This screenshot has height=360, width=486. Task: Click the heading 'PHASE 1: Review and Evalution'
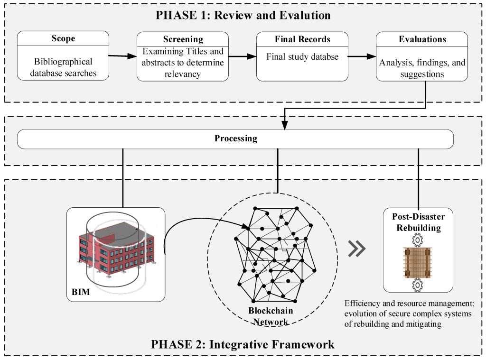tap(243, 15)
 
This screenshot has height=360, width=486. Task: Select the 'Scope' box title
tap(63, 39)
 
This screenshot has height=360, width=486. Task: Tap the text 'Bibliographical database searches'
tap(63, 67)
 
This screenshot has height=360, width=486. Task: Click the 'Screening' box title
tap(183, 39)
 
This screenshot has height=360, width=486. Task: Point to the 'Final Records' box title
tap(302, 39)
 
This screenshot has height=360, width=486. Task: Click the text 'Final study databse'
tap(302, 57)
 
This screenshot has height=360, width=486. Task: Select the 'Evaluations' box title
tap(422, 39)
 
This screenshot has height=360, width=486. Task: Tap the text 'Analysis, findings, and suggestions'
tap(422, 68)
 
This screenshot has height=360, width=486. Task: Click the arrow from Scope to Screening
tap(122, 56)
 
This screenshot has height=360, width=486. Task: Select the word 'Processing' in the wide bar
tap(235, 139)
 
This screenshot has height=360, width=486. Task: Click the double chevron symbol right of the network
tap(356, 249)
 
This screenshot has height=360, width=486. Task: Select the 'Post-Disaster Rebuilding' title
tap(418, 222)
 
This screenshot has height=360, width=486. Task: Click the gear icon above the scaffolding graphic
tap(418, 240)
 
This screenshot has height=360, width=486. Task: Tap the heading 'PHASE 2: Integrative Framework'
tap(243, 344)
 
